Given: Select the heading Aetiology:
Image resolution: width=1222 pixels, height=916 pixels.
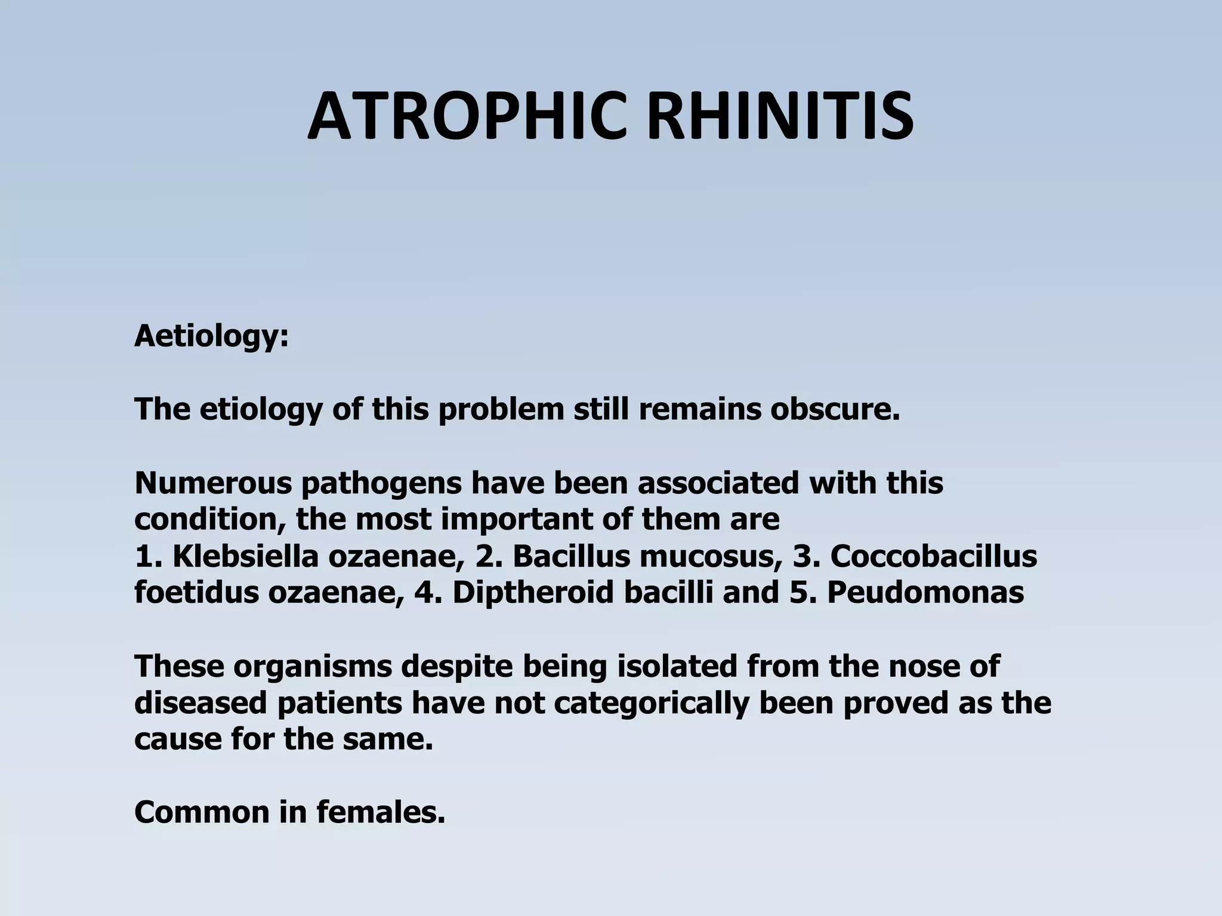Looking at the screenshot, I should tap(211, 336).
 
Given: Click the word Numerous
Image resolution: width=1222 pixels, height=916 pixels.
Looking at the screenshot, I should tap(213, 483).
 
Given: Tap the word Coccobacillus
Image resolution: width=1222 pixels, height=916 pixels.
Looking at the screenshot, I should tap(933, 556).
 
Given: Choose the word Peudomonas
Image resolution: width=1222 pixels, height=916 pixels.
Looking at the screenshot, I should tap(925, 593).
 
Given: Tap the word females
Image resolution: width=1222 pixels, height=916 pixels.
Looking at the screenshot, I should tap(381, 812).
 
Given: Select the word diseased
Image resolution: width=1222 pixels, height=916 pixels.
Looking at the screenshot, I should tap(201, 703).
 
